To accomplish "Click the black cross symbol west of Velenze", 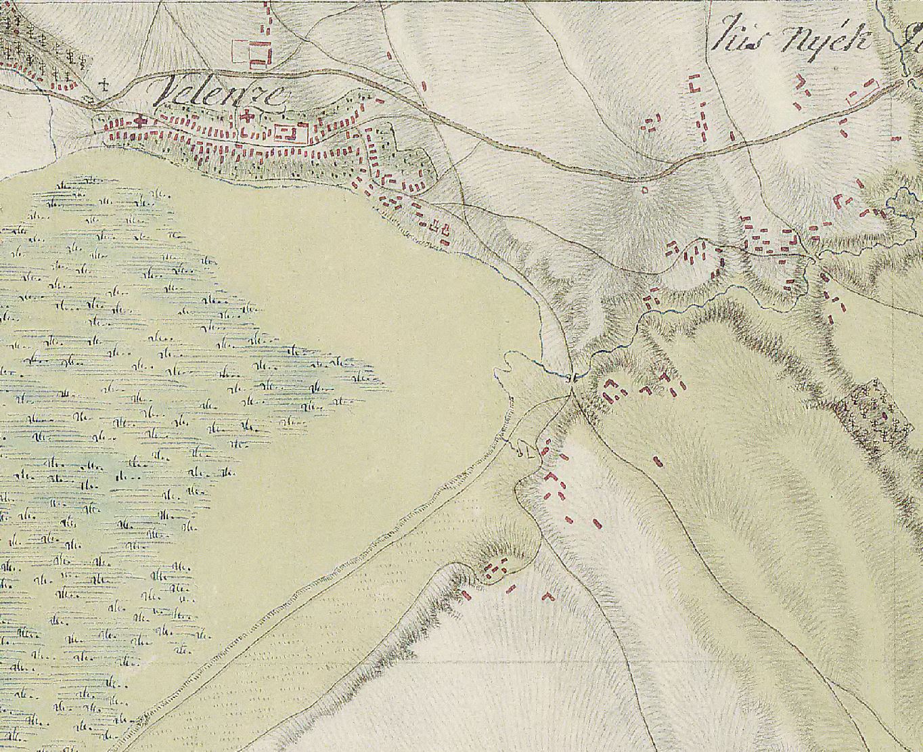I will [x=104, y=85].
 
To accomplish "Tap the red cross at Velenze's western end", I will [x=141, y=121].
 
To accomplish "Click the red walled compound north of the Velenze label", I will [x=251, y=53].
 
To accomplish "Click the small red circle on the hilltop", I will [x=644, y=190].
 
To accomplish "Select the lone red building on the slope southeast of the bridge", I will [x=657, y=461].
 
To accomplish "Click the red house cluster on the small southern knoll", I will [x=498, y=567].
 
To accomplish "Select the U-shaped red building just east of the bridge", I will [x=612, y=389].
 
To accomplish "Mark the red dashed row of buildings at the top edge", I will [x=267, y=20].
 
